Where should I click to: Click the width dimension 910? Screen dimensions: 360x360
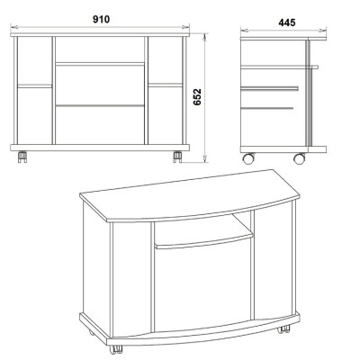101,20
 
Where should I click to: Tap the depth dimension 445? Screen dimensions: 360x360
287,22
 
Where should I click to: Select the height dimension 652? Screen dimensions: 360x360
197,97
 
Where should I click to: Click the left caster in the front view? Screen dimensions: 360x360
22,157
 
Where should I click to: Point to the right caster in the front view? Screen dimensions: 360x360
177,157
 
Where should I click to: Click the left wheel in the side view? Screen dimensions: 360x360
248,158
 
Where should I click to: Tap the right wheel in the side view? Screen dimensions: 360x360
300,158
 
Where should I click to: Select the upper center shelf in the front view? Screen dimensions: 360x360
100,64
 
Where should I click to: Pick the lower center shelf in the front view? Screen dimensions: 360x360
100,105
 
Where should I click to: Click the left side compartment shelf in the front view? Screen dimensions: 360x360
35,86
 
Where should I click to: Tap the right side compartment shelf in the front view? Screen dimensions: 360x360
166,85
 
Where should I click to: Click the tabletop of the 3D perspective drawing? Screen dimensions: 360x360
189,196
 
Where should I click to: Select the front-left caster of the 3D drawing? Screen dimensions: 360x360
116,349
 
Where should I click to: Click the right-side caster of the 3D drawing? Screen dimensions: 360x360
283,329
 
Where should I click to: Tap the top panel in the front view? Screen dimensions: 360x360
100,34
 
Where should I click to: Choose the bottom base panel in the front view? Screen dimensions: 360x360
100,148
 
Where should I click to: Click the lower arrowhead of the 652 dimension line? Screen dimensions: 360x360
205,159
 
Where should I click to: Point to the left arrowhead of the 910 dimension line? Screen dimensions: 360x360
14,27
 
